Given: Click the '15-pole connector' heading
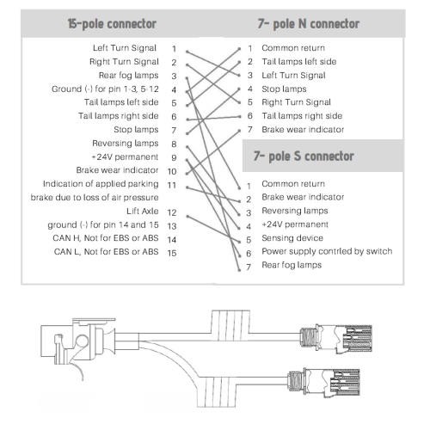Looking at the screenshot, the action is (112, 24).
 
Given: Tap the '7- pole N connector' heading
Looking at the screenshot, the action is (309, 24).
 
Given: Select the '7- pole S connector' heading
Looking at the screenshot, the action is (304, 157).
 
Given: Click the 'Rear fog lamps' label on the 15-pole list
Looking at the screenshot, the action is (128, 76).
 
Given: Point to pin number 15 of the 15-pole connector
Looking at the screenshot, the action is (172, 253).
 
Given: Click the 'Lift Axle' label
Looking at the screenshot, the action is (143, 212).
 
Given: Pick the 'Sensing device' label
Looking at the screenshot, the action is (292, 238).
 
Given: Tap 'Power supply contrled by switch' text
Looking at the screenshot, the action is (327, 251).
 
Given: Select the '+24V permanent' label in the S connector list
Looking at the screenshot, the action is (295, 224).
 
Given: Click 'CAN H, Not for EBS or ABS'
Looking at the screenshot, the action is (106, 238).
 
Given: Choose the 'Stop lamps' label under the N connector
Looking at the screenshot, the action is (284, 89).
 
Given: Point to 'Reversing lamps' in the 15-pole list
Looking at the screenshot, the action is (126, 143).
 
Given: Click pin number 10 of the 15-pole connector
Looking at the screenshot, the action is (172, 171).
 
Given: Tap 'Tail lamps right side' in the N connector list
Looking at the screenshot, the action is (302, 116).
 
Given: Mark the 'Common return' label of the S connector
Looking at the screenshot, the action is (293, 183).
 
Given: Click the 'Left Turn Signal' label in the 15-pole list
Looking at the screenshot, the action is (125, 48).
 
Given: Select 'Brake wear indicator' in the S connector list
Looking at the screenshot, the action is (303, 197).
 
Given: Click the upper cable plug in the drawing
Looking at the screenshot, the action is (336, 339).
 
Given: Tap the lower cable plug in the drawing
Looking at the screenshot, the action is (324, 383).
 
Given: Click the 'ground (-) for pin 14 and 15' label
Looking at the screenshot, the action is (103, 224).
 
